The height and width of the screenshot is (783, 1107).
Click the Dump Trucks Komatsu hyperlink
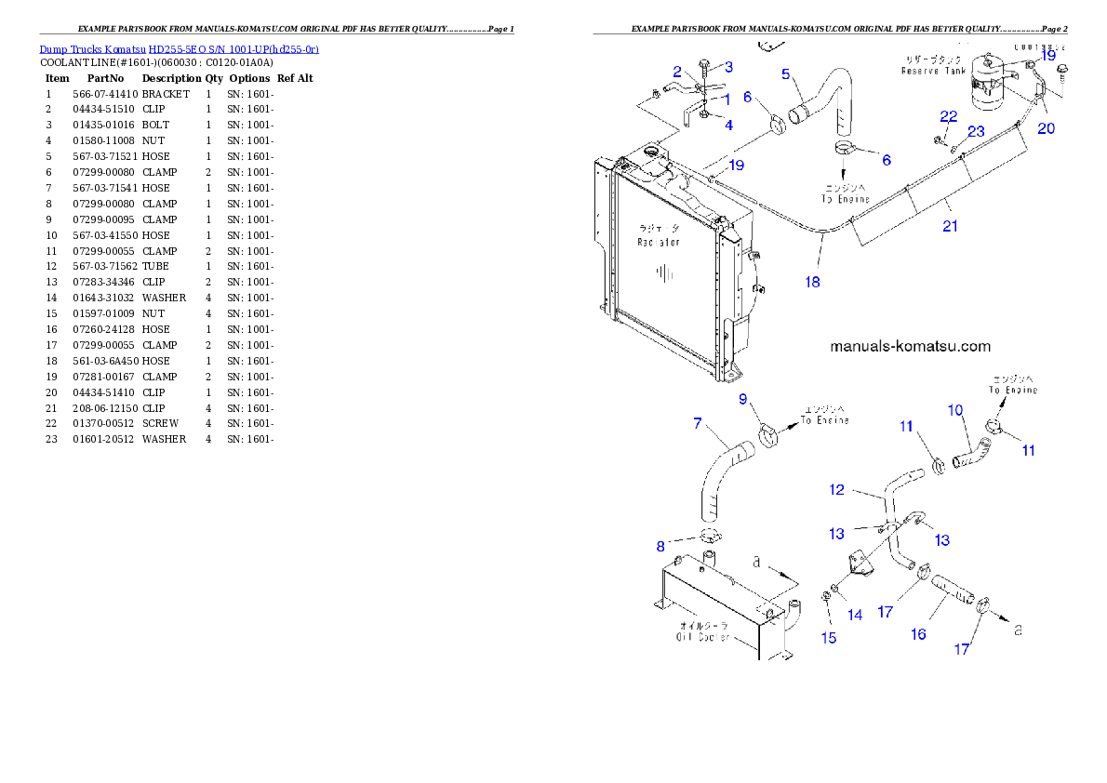coord(179,49)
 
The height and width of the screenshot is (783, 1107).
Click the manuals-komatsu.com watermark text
coord(910,346)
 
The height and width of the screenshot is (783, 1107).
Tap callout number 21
coord(950,226)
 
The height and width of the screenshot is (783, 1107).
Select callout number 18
coord(813,281)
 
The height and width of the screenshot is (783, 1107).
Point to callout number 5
coord(786,73)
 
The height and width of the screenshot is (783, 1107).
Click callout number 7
coord(697,423)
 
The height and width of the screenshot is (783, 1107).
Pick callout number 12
coord(836,489)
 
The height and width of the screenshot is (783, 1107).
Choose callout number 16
coord(918,634)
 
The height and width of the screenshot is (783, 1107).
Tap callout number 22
coord(948,116)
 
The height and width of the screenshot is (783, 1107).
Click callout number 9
coord(743,399)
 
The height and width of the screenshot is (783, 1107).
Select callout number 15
coord(828,638)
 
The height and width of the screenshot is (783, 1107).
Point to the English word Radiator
coord(659,242)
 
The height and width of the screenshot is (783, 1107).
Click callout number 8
coord(660,546)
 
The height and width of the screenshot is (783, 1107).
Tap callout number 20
coord(1047,128)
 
